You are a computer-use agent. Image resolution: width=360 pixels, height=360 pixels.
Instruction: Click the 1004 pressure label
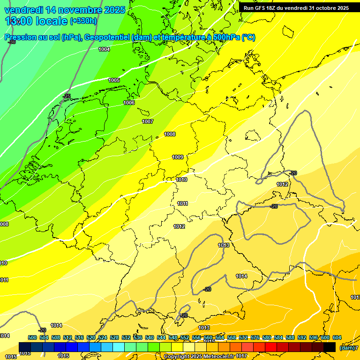coord(104,49)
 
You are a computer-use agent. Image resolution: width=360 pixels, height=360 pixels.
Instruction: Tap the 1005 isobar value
coord(114,80)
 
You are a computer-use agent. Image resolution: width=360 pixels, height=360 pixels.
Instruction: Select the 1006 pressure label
coord(129,103)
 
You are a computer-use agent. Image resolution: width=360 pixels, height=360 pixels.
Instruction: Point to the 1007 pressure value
coord(148,121)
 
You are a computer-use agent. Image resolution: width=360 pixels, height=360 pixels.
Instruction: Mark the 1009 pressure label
coord(178,157)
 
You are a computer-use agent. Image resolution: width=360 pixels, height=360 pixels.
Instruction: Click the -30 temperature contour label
coord(12,42)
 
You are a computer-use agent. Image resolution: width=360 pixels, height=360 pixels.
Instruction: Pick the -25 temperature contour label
coord(67,96)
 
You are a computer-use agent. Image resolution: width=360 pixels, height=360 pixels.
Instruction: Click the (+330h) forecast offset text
coord(83,21)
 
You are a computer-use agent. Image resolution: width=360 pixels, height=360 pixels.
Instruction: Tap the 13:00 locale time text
coord(36,21)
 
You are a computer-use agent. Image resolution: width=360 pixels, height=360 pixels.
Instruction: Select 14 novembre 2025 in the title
coord(85,9)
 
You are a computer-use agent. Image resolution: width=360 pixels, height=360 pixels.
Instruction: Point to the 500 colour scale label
coord(32,337)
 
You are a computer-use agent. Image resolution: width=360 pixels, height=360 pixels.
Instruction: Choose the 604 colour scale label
coord(337,337)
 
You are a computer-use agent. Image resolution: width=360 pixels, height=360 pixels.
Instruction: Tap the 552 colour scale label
coord(185,337)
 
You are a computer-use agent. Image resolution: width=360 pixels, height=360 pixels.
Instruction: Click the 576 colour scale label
coord(255,337)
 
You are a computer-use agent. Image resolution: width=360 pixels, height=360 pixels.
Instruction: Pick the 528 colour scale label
coord(114,337)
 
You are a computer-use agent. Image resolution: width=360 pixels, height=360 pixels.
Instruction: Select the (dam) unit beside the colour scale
coord(346,347)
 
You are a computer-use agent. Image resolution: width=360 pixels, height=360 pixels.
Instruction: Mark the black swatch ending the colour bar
coord(330,347)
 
